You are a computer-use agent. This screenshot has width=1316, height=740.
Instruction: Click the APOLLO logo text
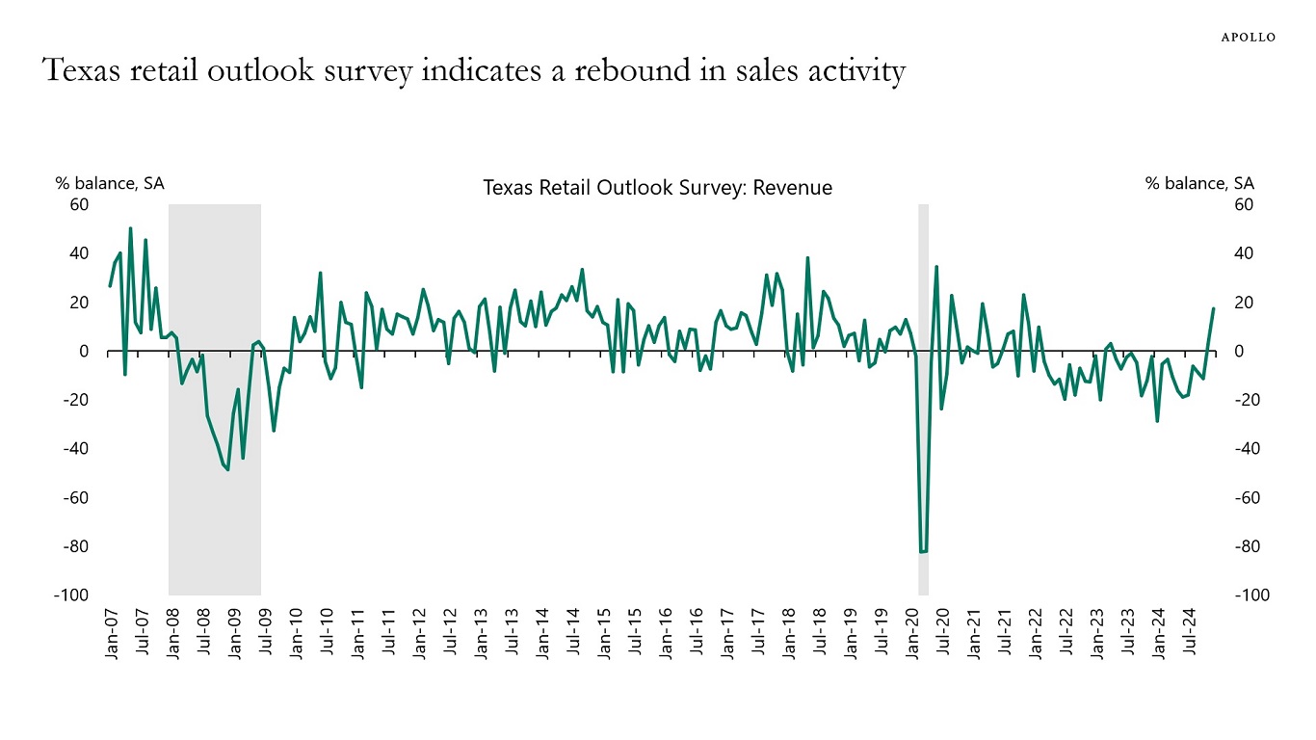point(1249,38)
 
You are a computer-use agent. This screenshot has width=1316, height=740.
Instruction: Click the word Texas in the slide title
point(79,70)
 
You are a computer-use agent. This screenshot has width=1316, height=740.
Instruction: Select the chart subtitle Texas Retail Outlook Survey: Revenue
point(657,188)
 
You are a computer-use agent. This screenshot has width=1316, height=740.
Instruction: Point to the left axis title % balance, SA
point(109,183)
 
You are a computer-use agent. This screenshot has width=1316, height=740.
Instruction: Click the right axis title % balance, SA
point(1199,183)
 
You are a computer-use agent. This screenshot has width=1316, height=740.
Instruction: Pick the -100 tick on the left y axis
point(72,595)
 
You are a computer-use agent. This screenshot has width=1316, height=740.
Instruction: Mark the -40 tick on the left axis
point(76,449)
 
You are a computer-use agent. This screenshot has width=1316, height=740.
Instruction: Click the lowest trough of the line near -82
point(923,552)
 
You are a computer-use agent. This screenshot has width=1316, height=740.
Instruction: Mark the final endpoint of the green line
point(1214,308)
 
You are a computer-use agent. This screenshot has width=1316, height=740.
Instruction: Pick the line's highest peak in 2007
point(130,228)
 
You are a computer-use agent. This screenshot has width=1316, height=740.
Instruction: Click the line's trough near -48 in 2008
point(227,469)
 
